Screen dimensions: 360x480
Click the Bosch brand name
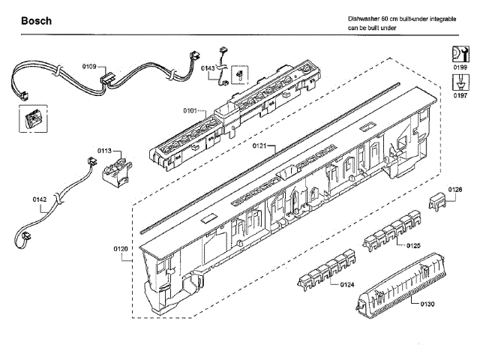click(x=36, y=21)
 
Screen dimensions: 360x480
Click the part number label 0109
click(x=89, y=67)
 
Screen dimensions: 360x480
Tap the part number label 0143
click(x=208, y=68)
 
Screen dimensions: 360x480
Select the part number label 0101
click(x=190, y=112)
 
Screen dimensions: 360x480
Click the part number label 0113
click(x=104, y=150)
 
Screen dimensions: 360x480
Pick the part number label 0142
click(x=40, y=199)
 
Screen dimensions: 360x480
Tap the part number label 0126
click(x=455, y=190)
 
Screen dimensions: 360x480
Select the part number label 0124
click(x=346, y=284)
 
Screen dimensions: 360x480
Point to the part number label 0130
click(x=427, y=304)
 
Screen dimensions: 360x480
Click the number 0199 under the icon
click(x=460, y=67)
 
